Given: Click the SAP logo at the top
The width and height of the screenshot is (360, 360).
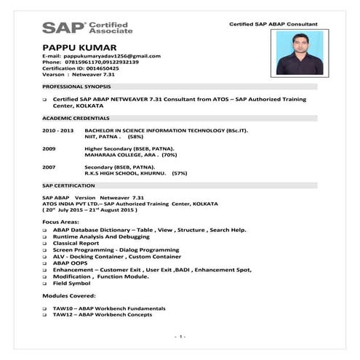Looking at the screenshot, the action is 87,28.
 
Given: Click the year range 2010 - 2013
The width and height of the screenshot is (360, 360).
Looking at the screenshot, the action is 58,130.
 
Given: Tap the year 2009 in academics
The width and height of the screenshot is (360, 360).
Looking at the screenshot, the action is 49,149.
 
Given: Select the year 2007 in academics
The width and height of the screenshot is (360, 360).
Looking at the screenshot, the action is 49,168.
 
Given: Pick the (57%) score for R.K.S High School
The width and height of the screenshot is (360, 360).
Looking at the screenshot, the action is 179,174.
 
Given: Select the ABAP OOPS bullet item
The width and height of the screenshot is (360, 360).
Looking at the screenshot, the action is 72,263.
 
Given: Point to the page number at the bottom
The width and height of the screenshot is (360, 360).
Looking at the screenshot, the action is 180,337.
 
